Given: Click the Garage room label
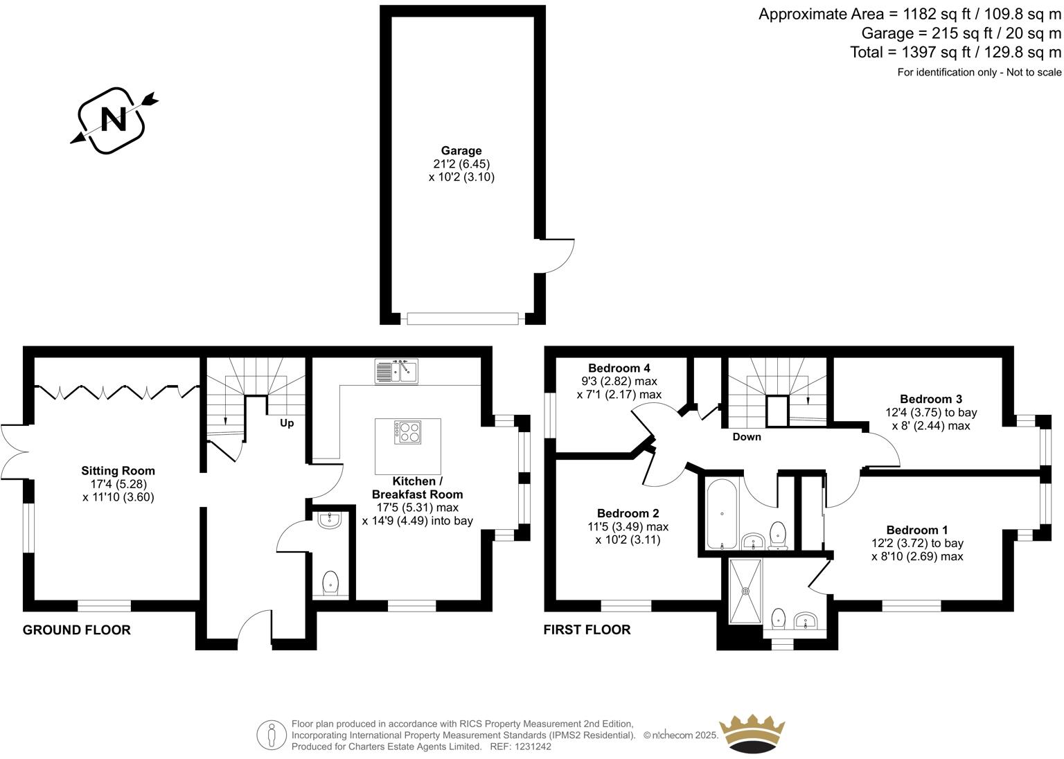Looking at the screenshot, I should [x=461, y=151].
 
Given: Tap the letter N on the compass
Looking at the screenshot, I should [x=114, y=119].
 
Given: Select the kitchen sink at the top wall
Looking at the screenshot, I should [x=397, y=371].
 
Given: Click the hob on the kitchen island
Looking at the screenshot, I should [x=408, y=433].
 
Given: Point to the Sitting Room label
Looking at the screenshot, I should [x=118, y=471].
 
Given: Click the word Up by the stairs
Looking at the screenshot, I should [x=287, y=422].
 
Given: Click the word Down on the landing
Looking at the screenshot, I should [x=746, y=437].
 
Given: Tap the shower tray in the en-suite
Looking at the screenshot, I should [x=746, y=591].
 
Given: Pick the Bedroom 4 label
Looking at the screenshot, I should [x=619, y=368].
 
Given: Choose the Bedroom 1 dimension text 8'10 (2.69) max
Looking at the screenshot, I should [x=917, y=557].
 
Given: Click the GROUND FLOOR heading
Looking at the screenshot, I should [x=77, y=630].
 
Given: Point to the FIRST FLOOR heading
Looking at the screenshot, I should [x=587, y=630].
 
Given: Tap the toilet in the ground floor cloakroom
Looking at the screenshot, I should [x=331, y=583].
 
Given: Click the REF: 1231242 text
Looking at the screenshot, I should [x=520, y=747].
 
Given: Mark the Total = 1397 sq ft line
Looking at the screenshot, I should [x=955, y=52].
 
